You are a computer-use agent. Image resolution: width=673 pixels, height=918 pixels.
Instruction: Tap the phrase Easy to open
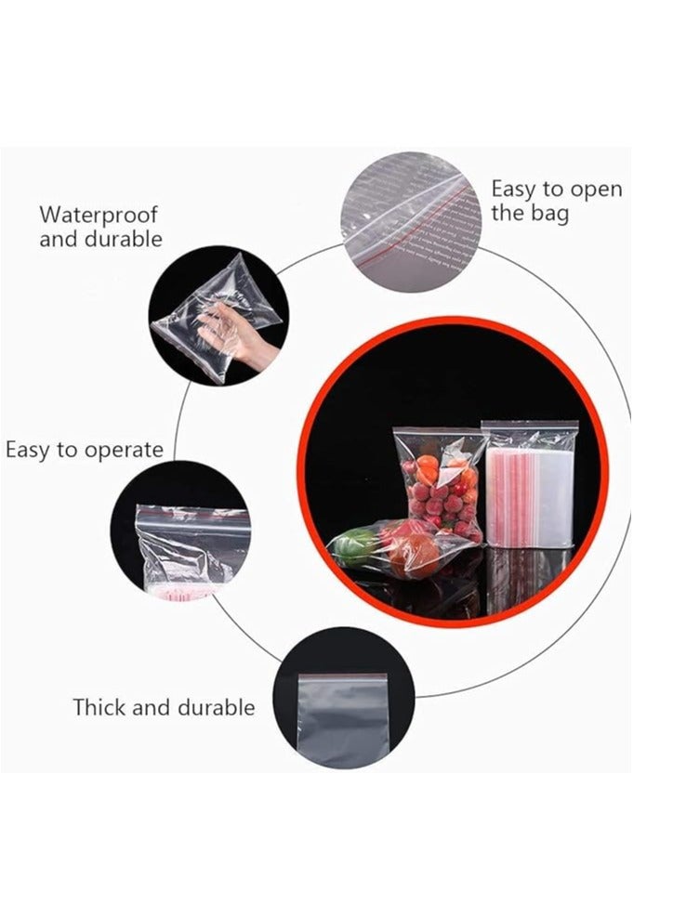556,190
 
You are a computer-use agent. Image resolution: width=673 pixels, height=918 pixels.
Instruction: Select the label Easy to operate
84,451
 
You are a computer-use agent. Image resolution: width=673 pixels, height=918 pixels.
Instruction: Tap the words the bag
529,214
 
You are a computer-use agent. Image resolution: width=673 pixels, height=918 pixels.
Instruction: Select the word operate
124,451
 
